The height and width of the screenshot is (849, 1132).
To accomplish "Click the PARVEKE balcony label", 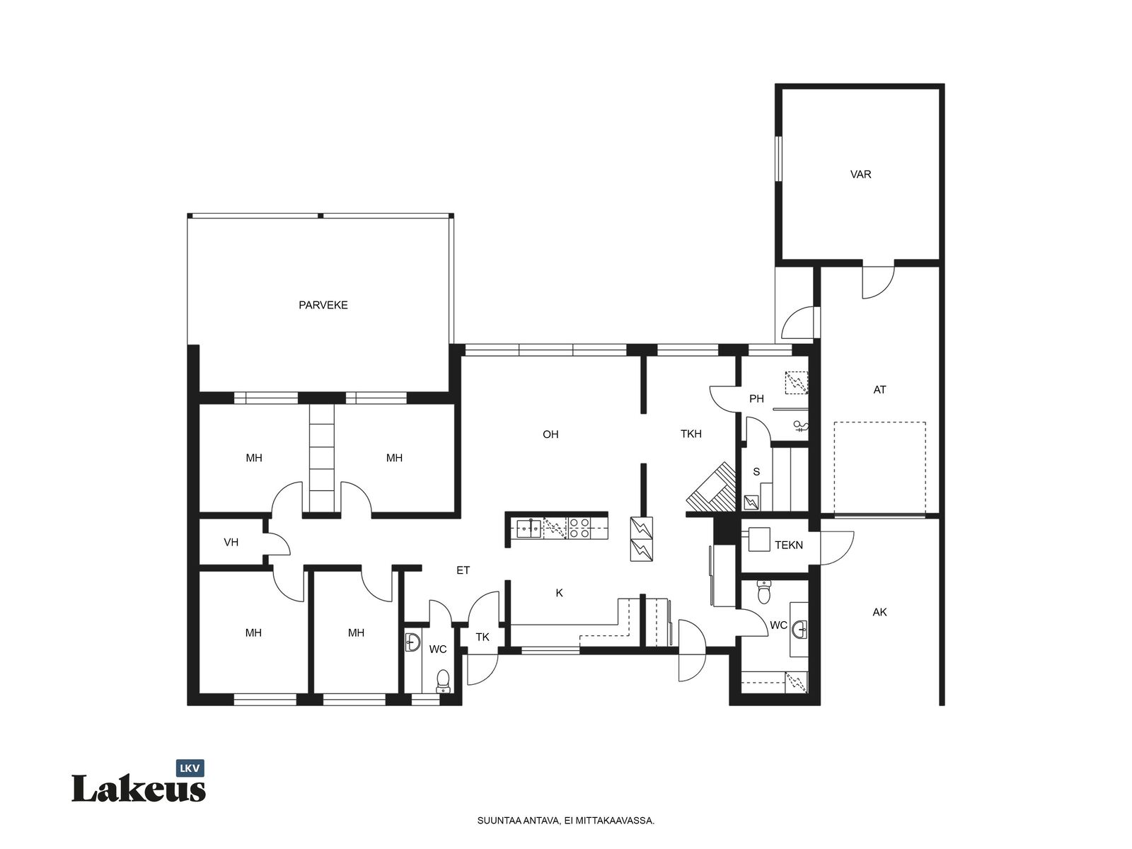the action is coord(323,305).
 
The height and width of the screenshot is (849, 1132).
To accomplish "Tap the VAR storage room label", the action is coord(860,175).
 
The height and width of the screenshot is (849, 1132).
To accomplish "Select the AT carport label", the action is coord(879,391).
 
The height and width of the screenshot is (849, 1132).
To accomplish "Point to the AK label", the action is coord(879,613).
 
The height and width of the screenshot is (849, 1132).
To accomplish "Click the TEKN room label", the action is coord(789,545).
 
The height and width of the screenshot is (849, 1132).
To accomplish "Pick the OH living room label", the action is coord(550,434).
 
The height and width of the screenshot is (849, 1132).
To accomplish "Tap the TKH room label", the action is coord(691,434).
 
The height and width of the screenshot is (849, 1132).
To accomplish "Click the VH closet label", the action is coord(231,542).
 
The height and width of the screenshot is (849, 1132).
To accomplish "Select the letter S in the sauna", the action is coord(756,472).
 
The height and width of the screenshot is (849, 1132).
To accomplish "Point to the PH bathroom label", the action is coord(756,398).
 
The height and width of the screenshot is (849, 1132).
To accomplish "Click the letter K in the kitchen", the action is coord(559,594).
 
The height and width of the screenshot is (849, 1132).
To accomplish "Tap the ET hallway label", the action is coord(463,570).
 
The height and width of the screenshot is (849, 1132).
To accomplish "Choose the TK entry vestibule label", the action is coord(483,637).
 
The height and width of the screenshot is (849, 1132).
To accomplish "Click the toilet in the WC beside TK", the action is coord(443,681).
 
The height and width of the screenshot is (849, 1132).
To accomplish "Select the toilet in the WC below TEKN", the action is coord(764,591).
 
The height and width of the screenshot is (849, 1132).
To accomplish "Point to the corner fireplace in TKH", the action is coord(710,487).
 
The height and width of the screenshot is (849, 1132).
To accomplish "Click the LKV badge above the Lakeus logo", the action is coord(190,768).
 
